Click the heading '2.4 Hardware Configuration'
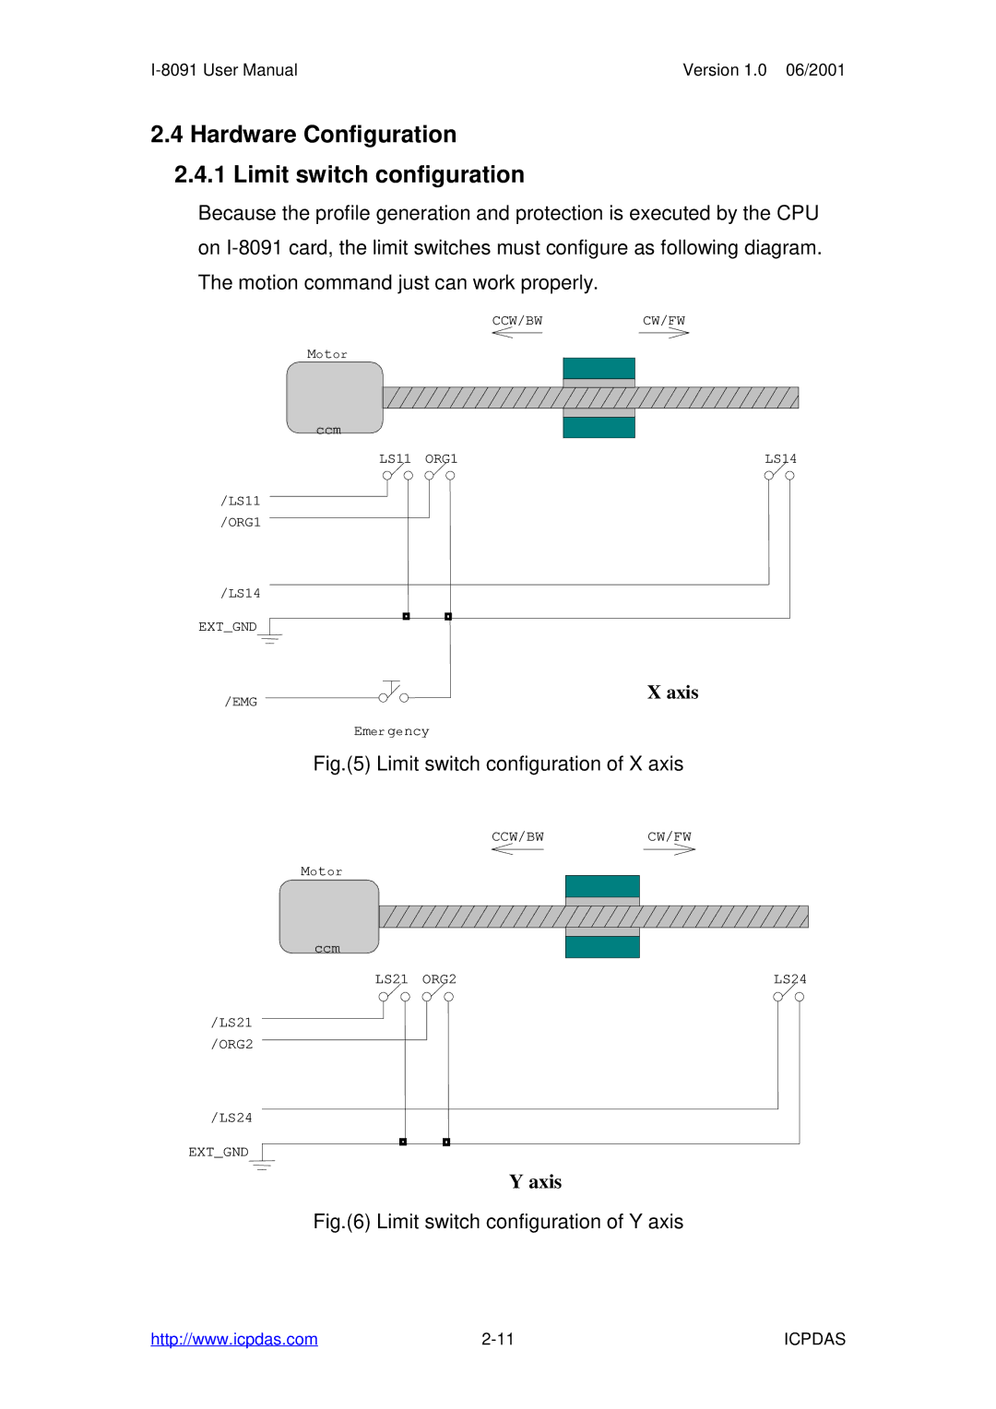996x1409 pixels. tap(303, 135)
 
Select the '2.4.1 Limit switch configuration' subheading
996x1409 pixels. tap(349, 174)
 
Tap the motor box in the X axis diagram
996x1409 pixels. tap(334, 397)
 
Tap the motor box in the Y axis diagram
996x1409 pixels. tap(328, 916)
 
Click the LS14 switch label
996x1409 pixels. tap(780, 458)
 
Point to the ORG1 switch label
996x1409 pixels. tap(441, 458)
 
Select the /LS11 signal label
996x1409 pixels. tap(240, 501)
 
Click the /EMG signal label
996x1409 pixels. tap(241, 702)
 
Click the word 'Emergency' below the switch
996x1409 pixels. tap(391, 731)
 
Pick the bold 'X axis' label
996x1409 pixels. tap(672, 693)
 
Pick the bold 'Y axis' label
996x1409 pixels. tap(535, 1182)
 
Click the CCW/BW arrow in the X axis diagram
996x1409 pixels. tap(516, 333)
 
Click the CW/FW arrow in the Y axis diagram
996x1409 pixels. tap(670, 849)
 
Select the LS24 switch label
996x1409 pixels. tap(789, 979)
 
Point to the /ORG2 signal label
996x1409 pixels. tap(231, 1044)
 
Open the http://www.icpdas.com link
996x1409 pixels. tap(234, 1339)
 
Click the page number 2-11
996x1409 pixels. tap(497, 1339)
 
